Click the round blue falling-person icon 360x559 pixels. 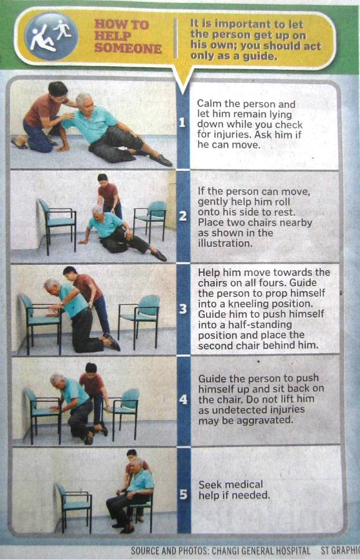(51, 36)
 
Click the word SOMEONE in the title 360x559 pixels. (128, 49)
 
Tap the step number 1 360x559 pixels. (182, 123)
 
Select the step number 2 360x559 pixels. (183, 216)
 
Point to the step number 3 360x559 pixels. (183, 308)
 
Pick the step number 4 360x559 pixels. (183, 399)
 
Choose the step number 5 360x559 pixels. (183, 494)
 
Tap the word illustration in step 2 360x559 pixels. (224, 243)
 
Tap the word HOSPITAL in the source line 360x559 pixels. (290, 551)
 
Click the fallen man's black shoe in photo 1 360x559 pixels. (161, 160)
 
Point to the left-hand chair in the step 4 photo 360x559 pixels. (43, 415)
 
